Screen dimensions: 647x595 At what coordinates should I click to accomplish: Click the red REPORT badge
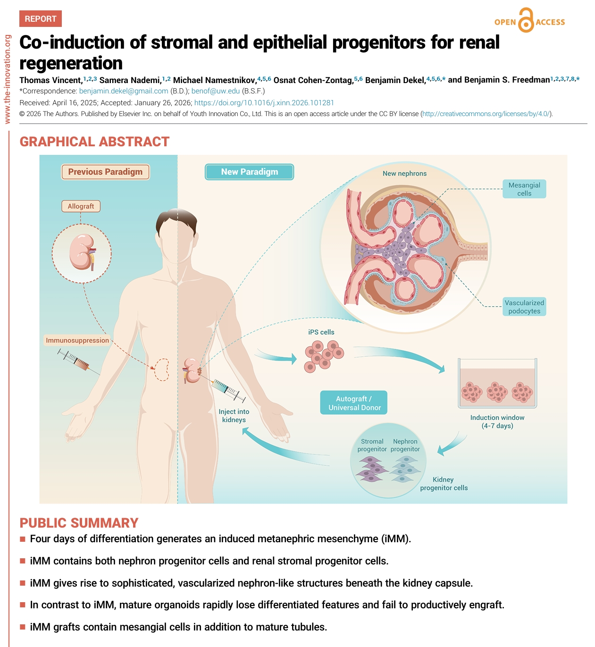pyautogui.click(x=41, y=19)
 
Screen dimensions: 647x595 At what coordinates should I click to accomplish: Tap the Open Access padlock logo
pyautogui.click(x=526, y=21)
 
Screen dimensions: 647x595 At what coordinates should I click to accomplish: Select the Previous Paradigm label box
pyautogui.click(x=105, y=172)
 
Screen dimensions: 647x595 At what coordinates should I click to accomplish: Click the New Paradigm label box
pyautogui.click(x=249, y=172)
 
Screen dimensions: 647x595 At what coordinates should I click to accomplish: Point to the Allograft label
pyautogui.click(x=81, y=206)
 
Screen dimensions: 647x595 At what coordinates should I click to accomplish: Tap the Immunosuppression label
pyautogui.click(x=77, y=340)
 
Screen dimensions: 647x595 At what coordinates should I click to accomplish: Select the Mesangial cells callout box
pyautogui.click(x=524, y=189)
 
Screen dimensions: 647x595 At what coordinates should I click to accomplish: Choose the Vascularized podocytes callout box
pyautogui.click(x=524, y=307)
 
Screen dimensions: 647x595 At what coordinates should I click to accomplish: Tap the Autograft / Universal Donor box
pyautogui.click(x=354, y=403)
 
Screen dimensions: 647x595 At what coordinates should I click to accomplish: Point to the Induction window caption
pyautogui.click(x=497, y=421)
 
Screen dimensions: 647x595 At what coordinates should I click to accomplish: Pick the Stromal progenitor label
pyautogui.click(x=372, y=445)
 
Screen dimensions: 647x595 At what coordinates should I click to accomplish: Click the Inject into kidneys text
pyautogui.click(x=234, y=415)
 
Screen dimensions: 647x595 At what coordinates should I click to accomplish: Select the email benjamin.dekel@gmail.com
pyautogui.click(x=124, y=91)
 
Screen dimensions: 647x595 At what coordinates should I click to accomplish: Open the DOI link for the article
pyautogui.click(x=264, y=102)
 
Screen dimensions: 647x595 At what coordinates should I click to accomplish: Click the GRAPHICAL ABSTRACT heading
pyautogui.click(x=94, y=142)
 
